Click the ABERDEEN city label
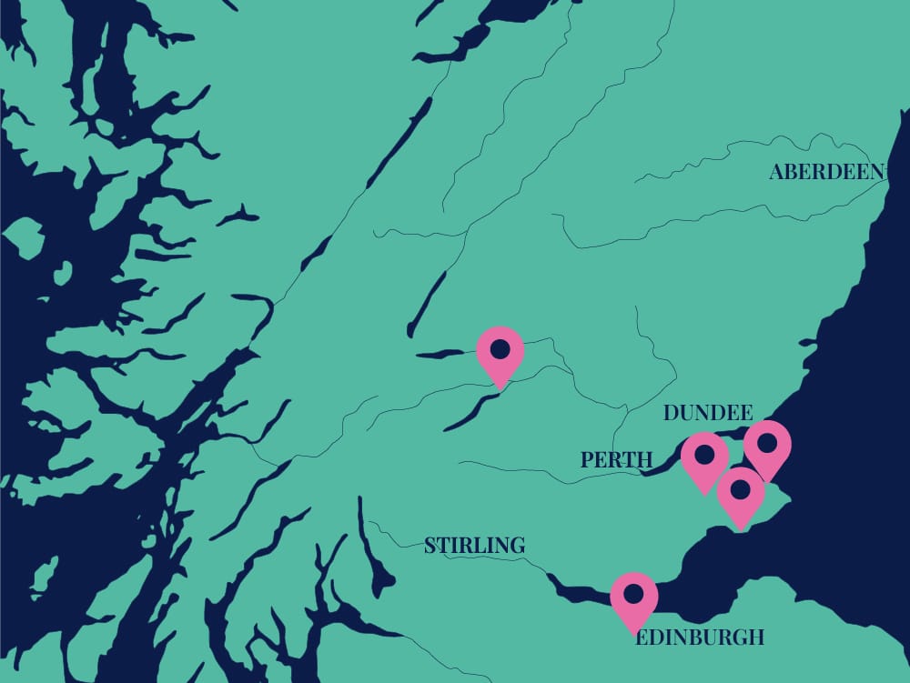tap(826, 172)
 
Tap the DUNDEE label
tap(708, 413)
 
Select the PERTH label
tap(617, 461)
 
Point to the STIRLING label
tap(474, 546)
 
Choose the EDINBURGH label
tap(700, 638)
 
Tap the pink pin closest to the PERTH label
tap(704, 460)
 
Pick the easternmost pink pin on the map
tap(767, 448)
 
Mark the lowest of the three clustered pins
tap(740, 495)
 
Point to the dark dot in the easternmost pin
tap(767, 443)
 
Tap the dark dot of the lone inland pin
tap(500, 348)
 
